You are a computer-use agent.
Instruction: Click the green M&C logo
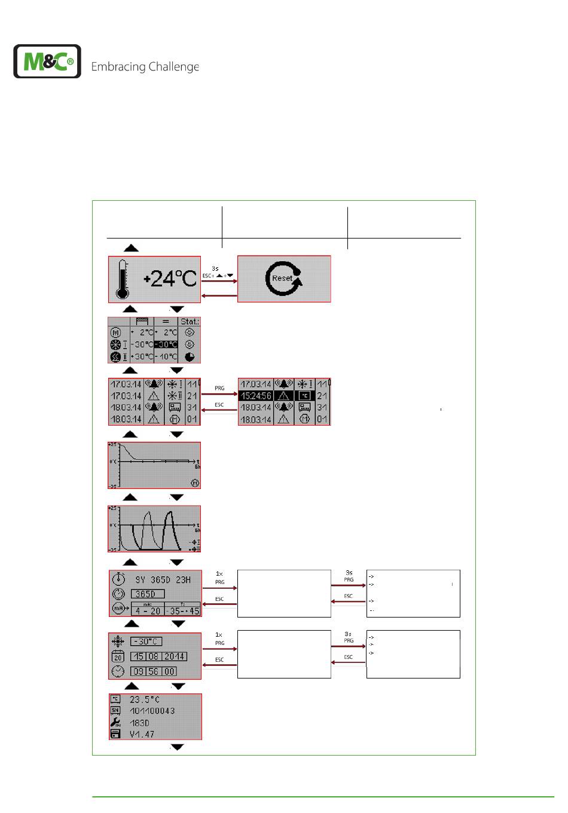point(47,61)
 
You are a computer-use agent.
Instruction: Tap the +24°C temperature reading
point(170,279)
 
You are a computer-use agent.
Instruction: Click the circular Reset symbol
point(283,279)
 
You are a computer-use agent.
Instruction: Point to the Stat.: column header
point(190,322)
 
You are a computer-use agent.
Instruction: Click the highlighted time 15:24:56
point(255,396)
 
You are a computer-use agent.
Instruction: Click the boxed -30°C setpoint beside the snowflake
point(146,641)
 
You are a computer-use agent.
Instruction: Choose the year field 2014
point(176,656)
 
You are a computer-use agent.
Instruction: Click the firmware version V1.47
point(142,733)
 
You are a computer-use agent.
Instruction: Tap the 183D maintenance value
point(141,722)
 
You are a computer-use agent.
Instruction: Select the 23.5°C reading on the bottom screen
point(145,699)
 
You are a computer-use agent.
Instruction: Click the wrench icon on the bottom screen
point(116,722)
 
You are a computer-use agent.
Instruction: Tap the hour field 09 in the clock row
point(139,671)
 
